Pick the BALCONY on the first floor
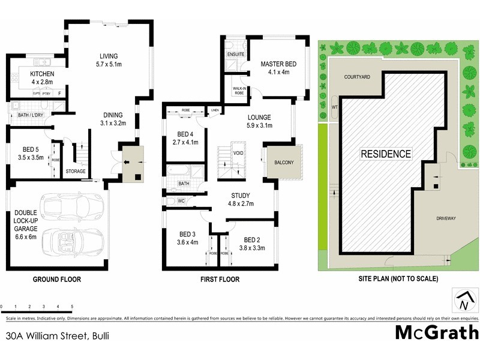[284, 162]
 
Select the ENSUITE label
[235, 53]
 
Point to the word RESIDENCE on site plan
[386, 154]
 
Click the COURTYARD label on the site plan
[358, 77]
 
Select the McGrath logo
[436, 332]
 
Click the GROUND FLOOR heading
[57, 279]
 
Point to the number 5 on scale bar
[72, 307]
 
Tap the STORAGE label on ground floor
[76, 171]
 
